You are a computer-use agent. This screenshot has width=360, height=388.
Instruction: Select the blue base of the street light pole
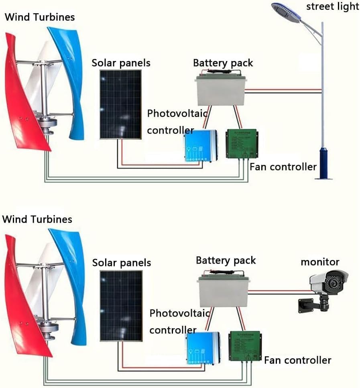(x=323, y=163)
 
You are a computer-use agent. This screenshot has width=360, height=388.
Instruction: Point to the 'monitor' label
(x=320, y=262)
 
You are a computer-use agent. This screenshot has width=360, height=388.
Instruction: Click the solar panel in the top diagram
(x=120, y=104)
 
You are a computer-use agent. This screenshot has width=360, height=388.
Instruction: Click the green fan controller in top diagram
(x=242, y=143)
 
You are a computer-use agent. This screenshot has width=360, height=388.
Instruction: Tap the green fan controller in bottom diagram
(x=244, y=345)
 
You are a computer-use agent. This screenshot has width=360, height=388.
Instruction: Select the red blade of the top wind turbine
(x=22, y=104)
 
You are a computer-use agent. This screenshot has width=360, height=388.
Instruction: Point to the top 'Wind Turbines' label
(x=39, y=17)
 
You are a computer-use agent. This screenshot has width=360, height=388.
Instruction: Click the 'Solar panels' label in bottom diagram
(x=122, y=263)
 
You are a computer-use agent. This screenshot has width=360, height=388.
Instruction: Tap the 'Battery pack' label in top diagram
(x=223, y=63)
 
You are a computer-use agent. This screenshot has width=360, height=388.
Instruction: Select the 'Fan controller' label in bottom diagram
(x=297, y=360)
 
